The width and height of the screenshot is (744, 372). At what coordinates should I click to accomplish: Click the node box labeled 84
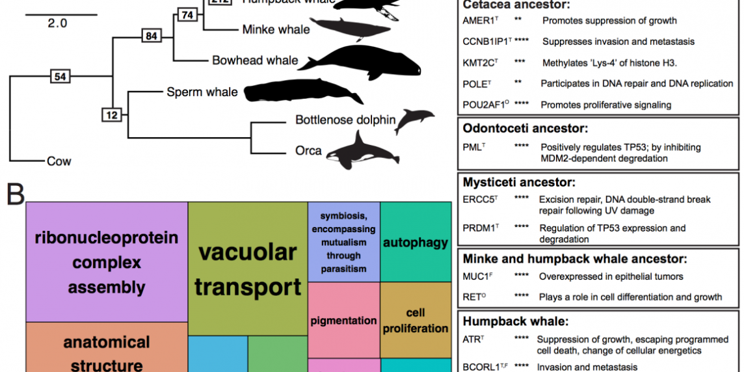coord(152,36)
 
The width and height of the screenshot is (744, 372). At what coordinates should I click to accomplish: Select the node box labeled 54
coord(60,77)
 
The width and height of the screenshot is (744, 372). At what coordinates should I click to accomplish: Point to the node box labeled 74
coord(187,14)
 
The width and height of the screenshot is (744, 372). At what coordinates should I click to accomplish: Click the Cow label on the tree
coord(59,161)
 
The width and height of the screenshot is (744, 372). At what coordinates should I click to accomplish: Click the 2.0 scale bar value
coord(57,23)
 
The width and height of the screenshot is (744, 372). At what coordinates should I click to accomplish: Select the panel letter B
coord(16,193)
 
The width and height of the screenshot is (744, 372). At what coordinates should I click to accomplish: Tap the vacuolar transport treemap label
coord(248,269)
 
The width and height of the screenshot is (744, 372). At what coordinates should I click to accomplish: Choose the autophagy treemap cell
coord(416,243)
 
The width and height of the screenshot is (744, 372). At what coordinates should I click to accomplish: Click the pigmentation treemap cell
coord(343,320)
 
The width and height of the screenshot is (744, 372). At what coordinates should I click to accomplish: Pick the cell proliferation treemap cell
coord(416,320)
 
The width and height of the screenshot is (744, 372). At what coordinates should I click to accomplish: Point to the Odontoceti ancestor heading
coord(521,129)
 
